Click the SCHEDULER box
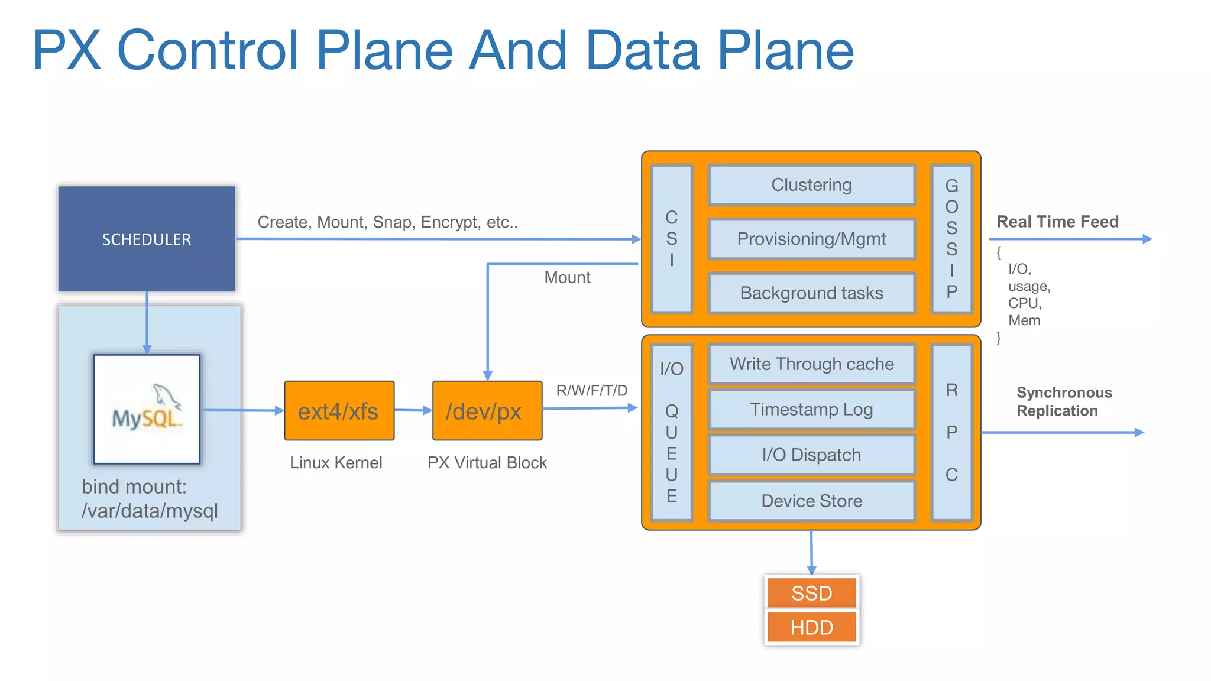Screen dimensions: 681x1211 [x=147, y=239]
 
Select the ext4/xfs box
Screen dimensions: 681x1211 [x=339, y=411]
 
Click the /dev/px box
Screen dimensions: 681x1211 [x=487, y=411]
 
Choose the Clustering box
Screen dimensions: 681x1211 [x=811, y=185]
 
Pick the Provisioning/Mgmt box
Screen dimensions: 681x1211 [x=811, y=239]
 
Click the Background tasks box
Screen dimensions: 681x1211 [x=811, y=293]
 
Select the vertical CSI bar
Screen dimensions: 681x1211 [x=672, y=239]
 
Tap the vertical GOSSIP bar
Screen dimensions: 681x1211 [x=951, y=239]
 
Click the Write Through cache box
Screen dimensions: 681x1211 [x=811, y=364]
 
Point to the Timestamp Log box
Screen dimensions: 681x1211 [x=811, y=409]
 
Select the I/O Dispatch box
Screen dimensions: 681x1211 [x=811, y=455]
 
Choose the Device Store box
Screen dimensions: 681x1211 [x=811, y=501]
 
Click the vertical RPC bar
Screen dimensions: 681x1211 [x=951, y=432]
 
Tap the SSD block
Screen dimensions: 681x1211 [x=811, y=593]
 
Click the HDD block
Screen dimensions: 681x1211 [x=811, y=627]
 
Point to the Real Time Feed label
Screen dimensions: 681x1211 [x=1057, y=222]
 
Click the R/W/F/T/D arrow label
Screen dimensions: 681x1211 [x=591, y=391]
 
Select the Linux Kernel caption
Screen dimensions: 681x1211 [x=336, y=462]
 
